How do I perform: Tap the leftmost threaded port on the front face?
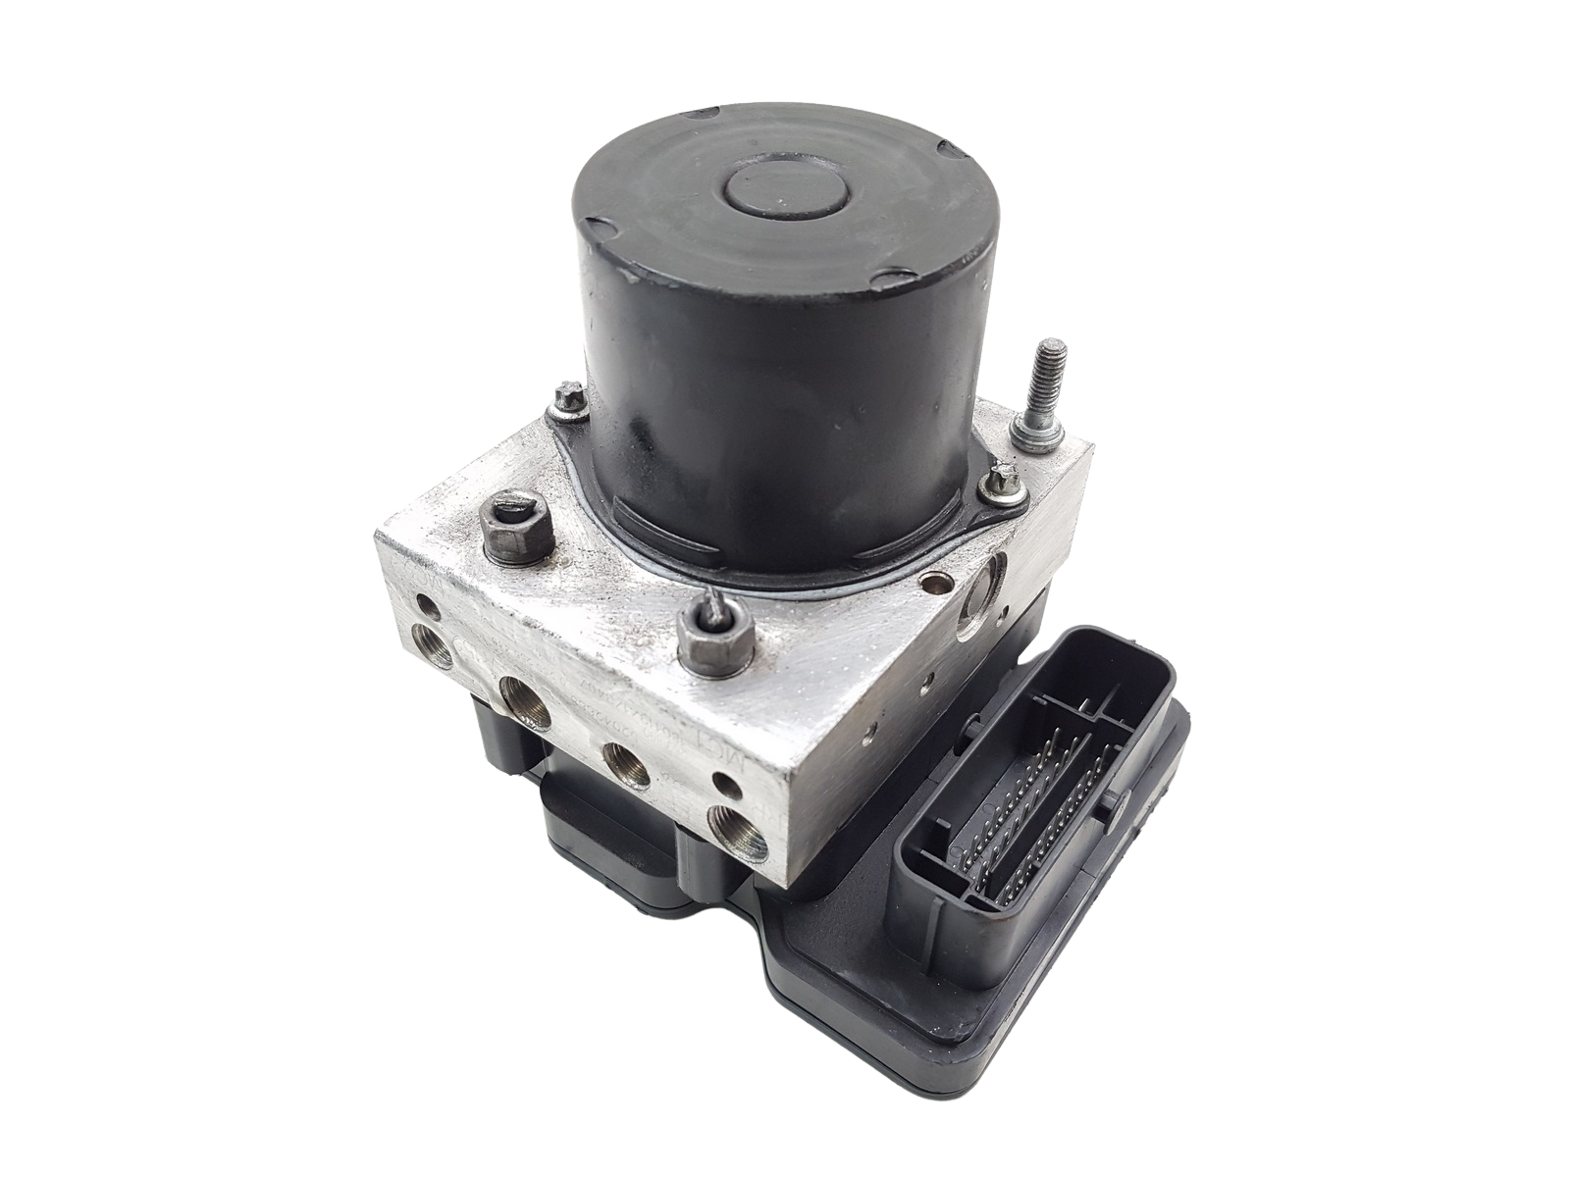[429, 647]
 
